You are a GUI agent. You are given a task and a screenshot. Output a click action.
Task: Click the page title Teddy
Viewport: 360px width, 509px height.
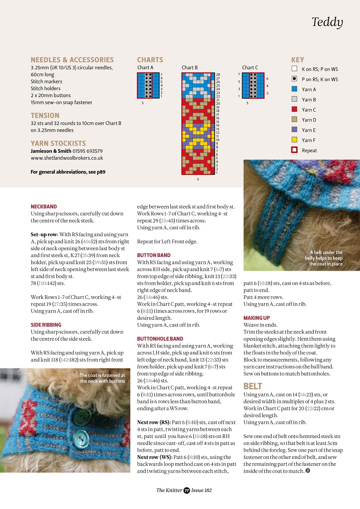pos(327,22)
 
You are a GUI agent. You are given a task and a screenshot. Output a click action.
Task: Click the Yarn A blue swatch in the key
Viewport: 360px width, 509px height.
pos(294,89)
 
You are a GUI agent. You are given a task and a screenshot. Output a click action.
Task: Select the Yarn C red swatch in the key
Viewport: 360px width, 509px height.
pos(294,109)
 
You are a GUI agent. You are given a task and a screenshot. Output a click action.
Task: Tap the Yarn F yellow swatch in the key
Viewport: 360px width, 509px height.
pos(294,140)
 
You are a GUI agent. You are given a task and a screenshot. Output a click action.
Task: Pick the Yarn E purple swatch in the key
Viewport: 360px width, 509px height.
pos(294,130)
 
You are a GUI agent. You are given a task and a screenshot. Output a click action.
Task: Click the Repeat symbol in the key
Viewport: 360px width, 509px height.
pos(294,150)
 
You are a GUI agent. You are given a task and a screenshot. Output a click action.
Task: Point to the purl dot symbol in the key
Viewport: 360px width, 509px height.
pos(294,79)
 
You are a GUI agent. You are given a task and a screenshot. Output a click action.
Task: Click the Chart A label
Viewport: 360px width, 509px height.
pos(145,67)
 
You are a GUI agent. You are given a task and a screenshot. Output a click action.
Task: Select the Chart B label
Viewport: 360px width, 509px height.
pos(190,67)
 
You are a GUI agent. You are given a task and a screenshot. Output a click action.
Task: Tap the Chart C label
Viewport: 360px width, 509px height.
pos(250,67)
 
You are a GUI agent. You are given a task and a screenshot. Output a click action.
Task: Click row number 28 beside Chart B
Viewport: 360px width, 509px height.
pos(218,75)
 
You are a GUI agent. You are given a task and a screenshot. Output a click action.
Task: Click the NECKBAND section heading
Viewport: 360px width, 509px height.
pos(44,207)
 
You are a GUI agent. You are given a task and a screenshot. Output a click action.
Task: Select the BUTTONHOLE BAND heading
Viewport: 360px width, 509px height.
pos(160,339)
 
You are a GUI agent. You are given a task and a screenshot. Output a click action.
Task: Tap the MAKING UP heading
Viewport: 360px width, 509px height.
pos(257,318)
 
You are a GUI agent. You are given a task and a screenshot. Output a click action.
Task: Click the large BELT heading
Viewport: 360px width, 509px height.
pos(253,386)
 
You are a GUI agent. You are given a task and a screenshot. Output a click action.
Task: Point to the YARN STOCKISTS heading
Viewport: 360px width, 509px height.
pos(58,143)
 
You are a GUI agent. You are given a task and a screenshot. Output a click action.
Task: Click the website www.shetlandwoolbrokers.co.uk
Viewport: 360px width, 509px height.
pos(67,158)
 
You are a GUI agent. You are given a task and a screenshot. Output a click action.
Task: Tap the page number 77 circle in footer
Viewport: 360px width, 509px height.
pos(187,490)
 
